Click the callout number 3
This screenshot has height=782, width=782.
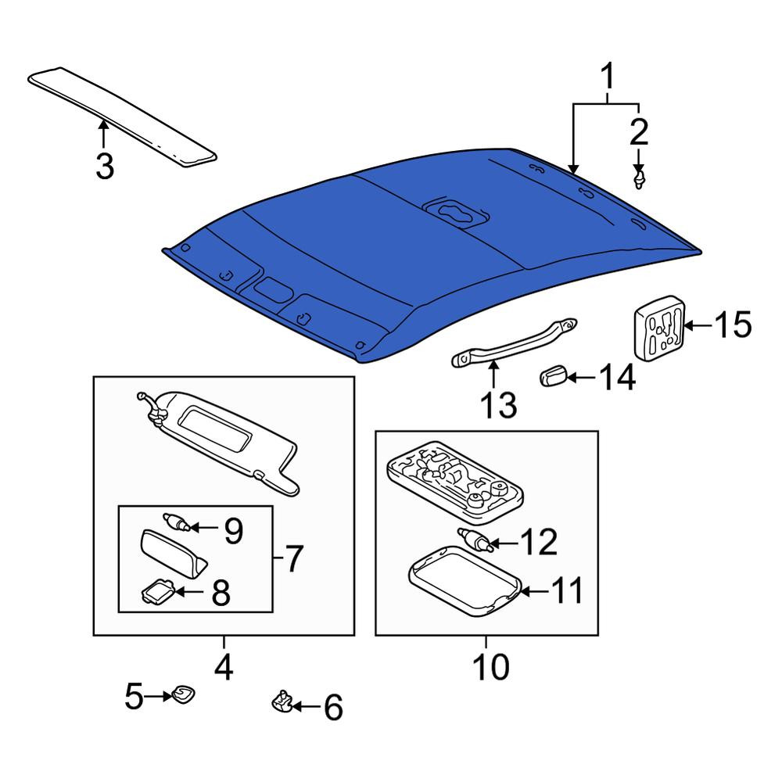pyautogui.click(x=105, y=167)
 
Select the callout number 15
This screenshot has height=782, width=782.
pyautogui.click(x=733, y=325)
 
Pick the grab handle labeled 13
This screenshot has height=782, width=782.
pyautogui.click(x=514, y=343)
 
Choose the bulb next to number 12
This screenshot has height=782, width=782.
pyautogui.click(x=476, y=540)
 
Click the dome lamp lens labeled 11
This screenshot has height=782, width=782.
pyautogui.click(x=465, y=582)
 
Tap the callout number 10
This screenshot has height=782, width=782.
pyautogui.click(x=491, y=666)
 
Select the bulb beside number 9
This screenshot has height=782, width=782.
pyautogui.click(x=177, y=522)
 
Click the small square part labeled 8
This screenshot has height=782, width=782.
pyautogui.click(x=158, y=591)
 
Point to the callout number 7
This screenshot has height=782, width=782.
pyautogui.click(x=294, y=558)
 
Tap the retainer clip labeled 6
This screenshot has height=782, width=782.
pyautogui.click(x=282, y=702)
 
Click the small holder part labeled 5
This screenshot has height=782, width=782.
pyautogui.click(x=183, y=694)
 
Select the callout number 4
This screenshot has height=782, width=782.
pyautogui.click(x=224, y=667)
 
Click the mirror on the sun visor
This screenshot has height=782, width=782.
pyautogui.click(x=216, y=429)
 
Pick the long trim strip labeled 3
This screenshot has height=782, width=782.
pyautogui.click(x=122, y=117)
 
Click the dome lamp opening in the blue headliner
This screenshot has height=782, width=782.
pyautogui.click(x=454, y=212)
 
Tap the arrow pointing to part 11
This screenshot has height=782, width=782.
pyautogui.click(x=534, y=591)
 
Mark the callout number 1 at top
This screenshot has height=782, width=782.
pyautogui.click(x=607, y=77)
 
